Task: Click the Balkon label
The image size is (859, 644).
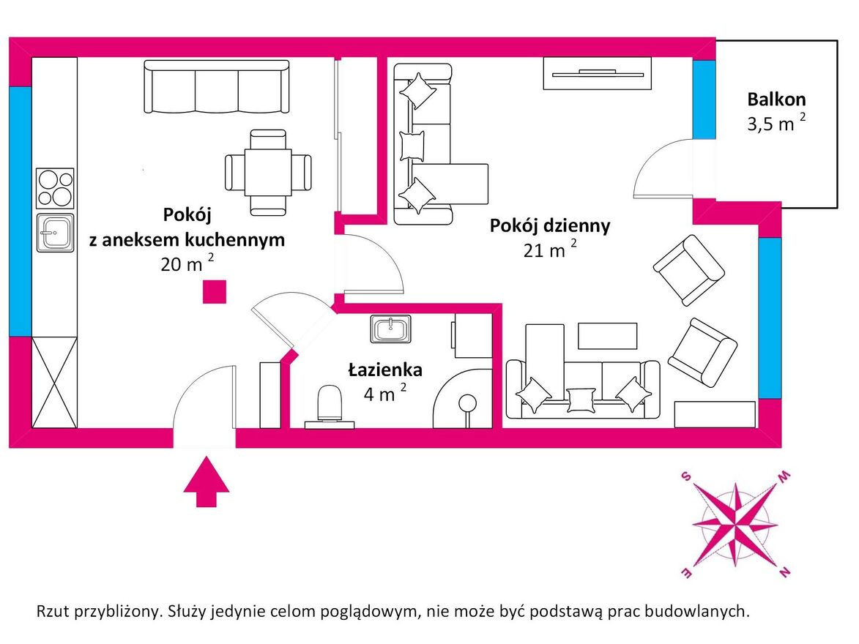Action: pyautogui.click(x=776, y=99)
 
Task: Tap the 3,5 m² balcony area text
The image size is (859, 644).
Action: pyautogui.click(x=776, y=123)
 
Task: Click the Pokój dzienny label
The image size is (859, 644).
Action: pyautogui.click(x=549, y=225)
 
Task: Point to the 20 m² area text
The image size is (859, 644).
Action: pyautogui.click(x=187, y=263)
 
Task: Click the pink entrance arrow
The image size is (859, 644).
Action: pyautogui.click(x=206, y=482)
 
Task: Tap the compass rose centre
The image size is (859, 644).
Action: pyautogui.click(x=735, y=525)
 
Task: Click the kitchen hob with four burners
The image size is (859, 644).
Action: pyautogui.click(x=55, y=188)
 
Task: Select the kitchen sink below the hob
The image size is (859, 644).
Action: pyautogui.click(x=55, y=233)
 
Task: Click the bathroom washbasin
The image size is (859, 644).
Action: pyautogui.click(x=390, y=329)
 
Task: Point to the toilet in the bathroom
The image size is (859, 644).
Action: pyautogui.click(x=330, y=406)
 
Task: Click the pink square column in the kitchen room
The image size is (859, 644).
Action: pyautogui.click(x=215, y=292)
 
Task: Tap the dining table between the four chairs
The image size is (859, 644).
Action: pyautogui.click(x=268, y=173)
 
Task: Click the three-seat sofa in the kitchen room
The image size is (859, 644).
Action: pyautogui.click(x=216, y=86)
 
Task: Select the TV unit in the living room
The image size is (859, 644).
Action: pyautogui.click(x=597, y=73)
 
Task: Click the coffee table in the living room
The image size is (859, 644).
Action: pyautogui.click(x=608, y=336)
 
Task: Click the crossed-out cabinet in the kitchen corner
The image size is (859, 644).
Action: pyautogui.click(x=54, y=382)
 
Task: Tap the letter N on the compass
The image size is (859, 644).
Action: pyautogui.click(x=784, y=572)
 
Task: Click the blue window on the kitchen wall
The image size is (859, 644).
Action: pyautogui.click(x=21, y=211)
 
